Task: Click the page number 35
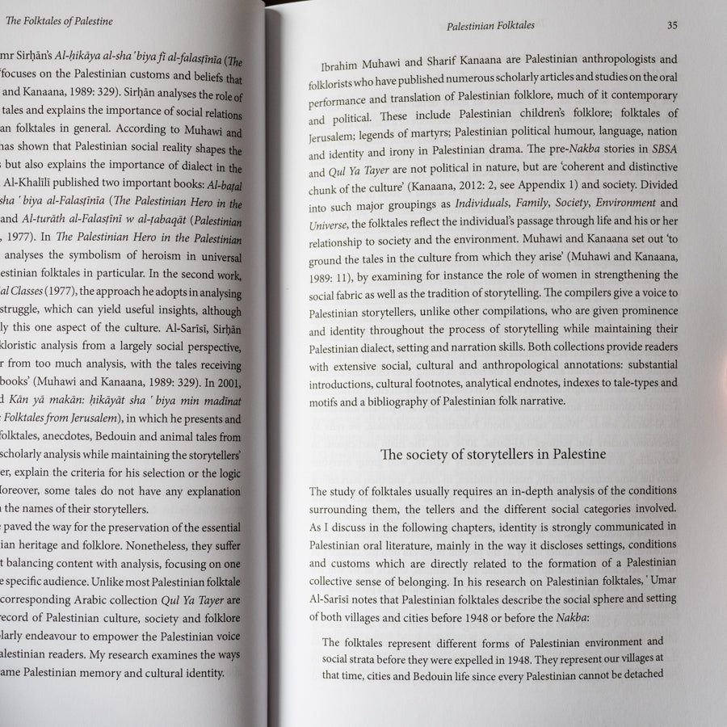click(672, 25)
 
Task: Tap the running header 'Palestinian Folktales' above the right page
click(490, 27)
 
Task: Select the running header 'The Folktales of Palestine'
click(59, 20)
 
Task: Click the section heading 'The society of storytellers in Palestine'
click(493, 455)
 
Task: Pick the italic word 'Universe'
click(328, 225)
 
